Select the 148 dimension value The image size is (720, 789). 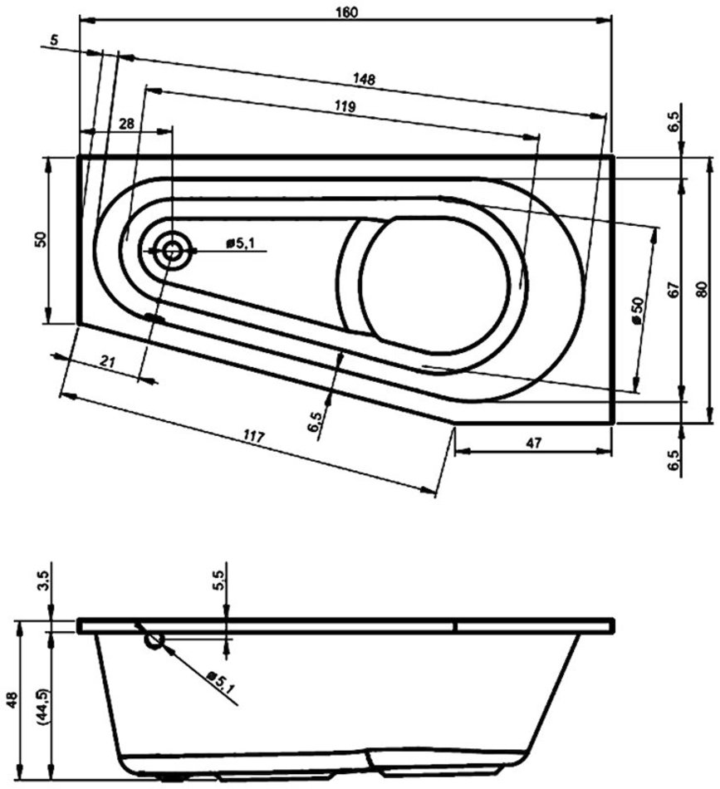[364, 80]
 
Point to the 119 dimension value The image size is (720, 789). [345, 106]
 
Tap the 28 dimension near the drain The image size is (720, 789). [125, 123]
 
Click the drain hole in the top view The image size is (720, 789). [172, 250]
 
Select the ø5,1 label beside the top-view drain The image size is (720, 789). [242, 243]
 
